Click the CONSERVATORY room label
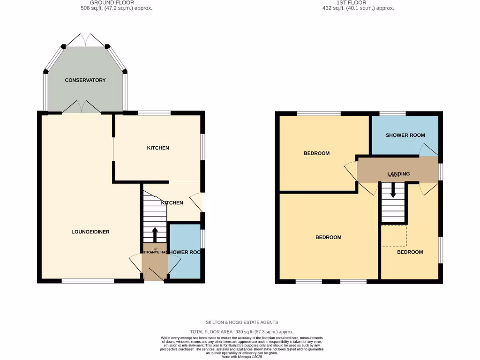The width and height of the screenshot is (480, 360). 85,80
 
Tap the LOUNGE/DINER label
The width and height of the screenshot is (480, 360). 90,232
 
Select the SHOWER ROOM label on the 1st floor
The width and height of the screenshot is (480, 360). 405,135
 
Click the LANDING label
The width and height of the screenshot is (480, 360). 398,173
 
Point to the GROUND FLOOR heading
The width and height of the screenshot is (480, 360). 105,3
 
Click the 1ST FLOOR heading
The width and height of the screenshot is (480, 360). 358,3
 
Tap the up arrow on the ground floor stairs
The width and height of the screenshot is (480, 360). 155,233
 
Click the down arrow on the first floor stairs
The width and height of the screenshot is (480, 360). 393,190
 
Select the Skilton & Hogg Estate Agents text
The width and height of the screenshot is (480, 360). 242,322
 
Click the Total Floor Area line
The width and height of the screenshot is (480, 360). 242,332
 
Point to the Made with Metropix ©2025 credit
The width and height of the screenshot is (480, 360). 242,357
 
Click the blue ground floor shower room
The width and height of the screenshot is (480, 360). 184,262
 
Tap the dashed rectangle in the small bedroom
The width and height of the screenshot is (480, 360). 393,235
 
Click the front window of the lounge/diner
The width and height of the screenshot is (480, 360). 88,281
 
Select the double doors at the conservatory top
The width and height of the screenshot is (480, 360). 85,40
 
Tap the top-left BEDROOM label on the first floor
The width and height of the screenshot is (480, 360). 316,153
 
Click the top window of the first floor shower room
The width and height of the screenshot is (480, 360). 392,113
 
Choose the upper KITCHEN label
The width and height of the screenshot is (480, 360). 158,148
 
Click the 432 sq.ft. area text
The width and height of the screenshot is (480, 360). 358,8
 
